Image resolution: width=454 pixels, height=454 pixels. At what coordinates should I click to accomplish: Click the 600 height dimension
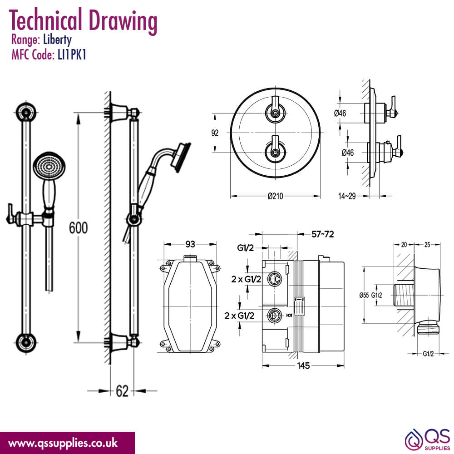tap(78, 227)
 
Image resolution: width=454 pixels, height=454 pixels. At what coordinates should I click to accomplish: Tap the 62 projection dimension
tap(122, 391)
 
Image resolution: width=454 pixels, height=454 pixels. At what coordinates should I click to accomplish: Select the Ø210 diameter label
tap(275, 196)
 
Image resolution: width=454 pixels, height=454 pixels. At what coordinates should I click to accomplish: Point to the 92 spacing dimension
tap(215, 133)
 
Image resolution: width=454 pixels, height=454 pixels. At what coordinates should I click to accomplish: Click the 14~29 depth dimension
tap(347, 196)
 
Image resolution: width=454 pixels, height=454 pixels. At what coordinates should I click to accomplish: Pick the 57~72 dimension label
tap(322, 234)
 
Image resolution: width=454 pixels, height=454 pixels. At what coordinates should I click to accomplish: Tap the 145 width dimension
tap(303, 365)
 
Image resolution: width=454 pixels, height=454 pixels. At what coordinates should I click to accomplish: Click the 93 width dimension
tap(190, 244)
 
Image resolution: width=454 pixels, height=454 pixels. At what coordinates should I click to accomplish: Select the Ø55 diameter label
tap(364, 295)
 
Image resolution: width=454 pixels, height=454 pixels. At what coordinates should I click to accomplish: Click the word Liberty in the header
tap(57, 39)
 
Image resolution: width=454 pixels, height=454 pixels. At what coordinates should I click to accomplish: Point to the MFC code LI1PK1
tap(72, 55)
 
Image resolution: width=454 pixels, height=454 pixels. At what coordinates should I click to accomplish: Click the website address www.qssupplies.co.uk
tap(63, 443)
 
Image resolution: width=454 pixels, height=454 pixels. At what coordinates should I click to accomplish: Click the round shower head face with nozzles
tap(49, 167)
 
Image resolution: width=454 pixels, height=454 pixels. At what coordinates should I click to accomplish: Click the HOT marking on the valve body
tap(289, 316)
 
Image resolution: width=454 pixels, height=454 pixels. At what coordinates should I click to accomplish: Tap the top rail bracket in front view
tap(26, 112)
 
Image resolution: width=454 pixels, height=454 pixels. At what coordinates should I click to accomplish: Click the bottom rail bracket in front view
tap(26, 342)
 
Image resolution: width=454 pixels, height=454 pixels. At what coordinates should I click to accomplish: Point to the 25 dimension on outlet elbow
tap(427, 245)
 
